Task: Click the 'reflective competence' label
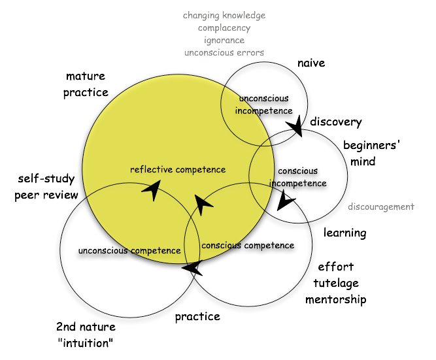click(178, 170)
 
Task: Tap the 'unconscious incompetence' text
click(263, 105)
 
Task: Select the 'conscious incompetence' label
click(298, 177)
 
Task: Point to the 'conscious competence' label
click(248, 246)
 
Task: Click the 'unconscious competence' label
click(129, 250)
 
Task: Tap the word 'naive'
click(311, 63)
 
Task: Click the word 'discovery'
click(336, 122)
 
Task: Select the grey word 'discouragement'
click(380, 207)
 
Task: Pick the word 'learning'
click(345, 233)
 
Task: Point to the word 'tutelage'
click(336, 284)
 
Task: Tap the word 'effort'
click(336, 267)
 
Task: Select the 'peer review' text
click(46, 195)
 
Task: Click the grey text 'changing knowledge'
click(224, 15)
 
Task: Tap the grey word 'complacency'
click(224, 28)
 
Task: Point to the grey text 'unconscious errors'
click(224, 52)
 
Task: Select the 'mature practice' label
click(86, 84)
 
